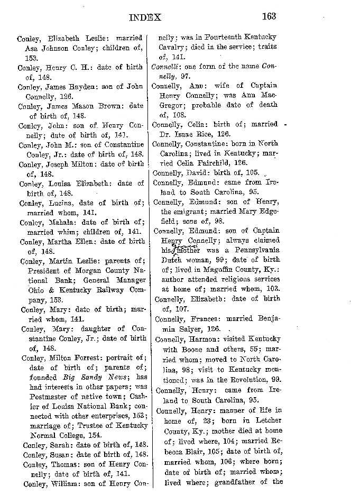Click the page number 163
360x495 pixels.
[x=269, y=16]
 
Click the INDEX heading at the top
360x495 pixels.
[x=145, y=17]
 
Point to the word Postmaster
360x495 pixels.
[x=49, y=394]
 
